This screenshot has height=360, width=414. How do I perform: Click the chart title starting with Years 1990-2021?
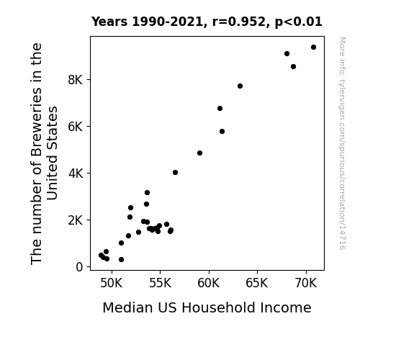point(207,22)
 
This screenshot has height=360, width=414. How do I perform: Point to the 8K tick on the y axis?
point(76,80)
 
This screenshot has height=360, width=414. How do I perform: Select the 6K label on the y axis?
point(76,127)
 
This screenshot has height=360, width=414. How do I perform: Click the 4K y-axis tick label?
point(76,174)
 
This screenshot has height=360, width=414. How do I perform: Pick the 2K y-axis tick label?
point(76,220)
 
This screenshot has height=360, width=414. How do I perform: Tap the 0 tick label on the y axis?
point(79,267)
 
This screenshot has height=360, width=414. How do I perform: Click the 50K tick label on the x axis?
point(112,283)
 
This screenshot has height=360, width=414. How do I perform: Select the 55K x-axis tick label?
point(160,283)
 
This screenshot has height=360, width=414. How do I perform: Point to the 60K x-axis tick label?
point(209,283)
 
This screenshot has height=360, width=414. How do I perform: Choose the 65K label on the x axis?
point(257,283)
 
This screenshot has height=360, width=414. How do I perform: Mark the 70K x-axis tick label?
point(306,283)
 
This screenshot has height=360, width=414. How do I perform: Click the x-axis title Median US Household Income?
point(207,307)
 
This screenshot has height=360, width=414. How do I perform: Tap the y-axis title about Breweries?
point(44,153)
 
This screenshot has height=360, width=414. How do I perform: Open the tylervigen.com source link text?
point(342,143)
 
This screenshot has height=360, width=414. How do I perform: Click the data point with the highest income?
point(313,48)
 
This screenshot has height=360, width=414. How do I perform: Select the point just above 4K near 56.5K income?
point(175,173)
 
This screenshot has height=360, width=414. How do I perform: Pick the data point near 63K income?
point(240,86)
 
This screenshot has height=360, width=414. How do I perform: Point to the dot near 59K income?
point(199,153)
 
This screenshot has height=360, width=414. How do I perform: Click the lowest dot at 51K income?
point(121,260)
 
